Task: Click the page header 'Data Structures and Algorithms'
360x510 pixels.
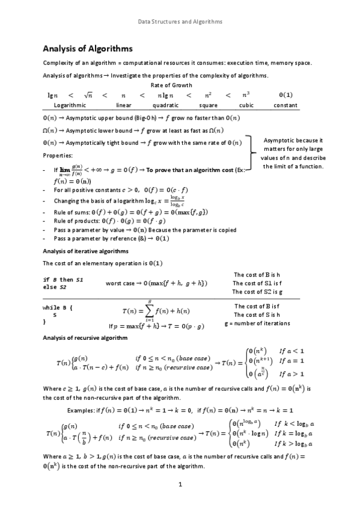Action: pyautogui.click(x=180, y=22)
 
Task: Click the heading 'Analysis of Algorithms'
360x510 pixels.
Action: pyautogui.click(x=87, y=49)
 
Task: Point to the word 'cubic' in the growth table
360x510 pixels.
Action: pyautogui.click(x=246, y=105)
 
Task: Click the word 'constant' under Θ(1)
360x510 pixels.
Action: pyautogui.click(x=285, y=105)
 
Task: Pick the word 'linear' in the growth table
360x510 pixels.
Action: pyautogui.click(x=123, y=105)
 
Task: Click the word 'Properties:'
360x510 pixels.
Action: pyautogui.click(x=58, y=155)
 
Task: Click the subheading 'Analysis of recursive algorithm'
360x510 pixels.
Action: pyautogui.click(x=84, y=338)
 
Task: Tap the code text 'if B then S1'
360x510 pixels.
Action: pyautogui.click(x=63, y=280)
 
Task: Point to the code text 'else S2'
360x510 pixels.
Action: pyautogui.click(x=55, y=287)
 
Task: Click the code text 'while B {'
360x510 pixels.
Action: pyautogui.click(x=59, y=307)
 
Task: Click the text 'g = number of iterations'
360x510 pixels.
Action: pyautogui.click(x=257, y=323)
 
